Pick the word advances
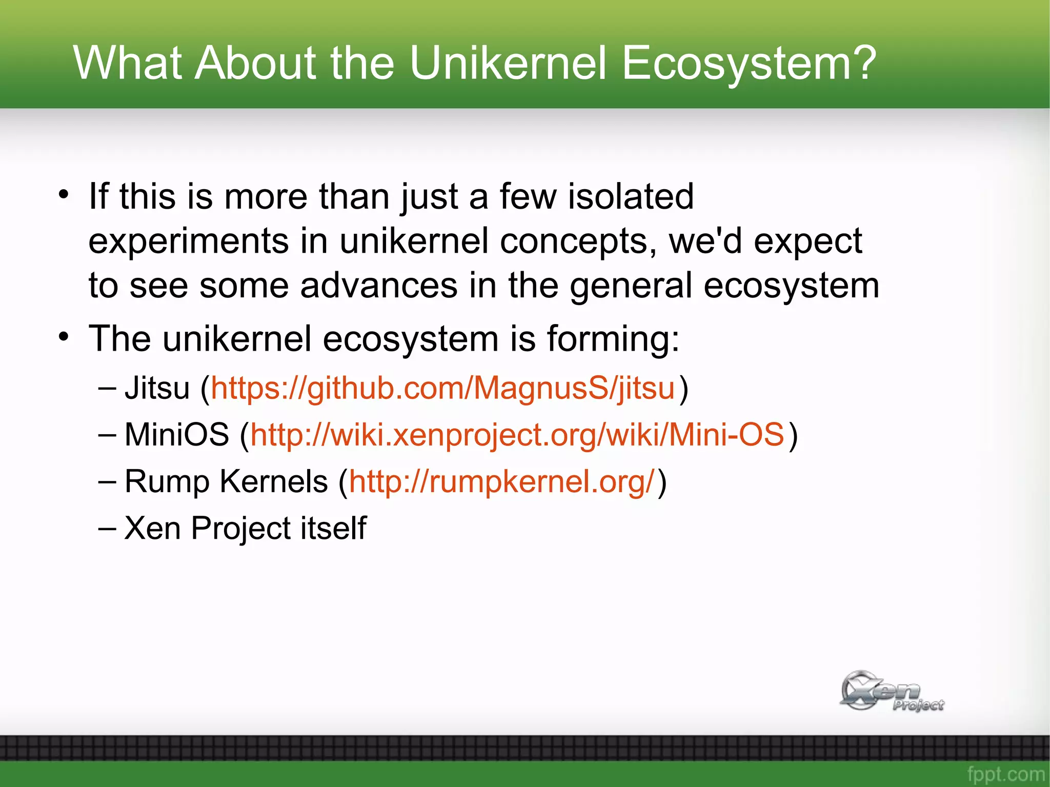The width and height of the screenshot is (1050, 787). click(378, 286)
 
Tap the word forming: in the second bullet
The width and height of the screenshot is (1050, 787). click(613, 339)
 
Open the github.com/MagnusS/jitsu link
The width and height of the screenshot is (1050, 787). click(442, 388)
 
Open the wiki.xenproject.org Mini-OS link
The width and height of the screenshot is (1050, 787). click(517, 435)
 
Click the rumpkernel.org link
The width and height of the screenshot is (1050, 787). click(501, 482)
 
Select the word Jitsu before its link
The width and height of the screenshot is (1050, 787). click(157, 388)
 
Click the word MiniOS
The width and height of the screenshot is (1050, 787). click(176, 435)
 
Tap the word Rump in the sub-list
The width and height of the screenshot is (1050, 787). click(167, 482)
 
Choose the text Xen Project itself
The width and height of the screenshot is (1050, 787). click(245, 528)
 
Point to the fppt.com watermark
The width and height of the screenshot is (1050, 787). click(1005, 774)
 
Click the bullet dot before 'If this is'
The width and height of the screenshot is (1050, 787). click(63, 195)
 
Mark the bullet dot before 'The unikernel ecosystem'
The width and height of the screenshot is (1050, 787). click(63, 337)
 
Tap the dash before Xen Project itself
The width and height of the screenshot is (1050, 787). click(107, 528)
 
